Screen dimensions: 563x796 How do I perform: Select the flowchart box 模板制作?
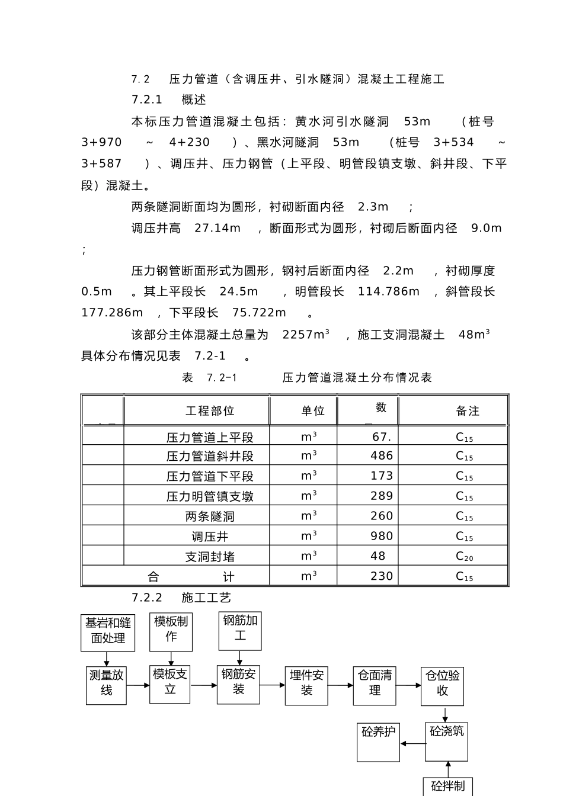171,630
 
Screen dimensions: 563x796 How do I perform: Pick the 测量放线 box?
106,684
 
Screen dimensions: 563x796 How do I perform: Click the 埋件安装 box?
306,685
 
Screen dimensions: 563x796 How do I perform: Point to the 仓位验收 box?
442,685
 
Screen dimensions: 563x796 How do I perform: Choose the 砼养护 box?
378,742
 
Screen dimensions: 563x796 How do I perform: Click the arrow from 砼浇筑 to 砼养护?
412,743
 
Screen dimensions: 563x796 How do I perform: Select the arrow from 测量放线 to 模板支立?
138,685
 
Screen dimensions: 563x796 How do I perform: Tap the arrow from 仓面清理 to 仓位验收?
408,685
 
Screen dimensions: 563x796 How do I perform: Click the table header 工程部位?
210,411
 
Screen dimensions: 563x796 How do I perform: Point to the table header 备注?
468,411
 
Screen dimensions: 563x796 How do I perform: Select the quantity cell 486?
382,455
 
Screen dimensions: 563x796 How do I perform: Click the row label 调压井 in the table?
210,537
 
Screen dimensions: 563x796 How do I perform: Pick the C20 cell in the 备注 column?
464,556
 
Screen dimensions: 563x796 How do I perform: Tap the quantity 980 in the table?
382,536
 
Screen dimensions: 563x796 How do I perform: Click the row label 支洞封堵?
210,557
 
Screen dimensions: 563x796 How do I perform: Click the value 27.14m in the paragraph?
217,228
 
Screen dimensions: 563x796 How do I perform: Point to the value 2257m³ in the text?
306,335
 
